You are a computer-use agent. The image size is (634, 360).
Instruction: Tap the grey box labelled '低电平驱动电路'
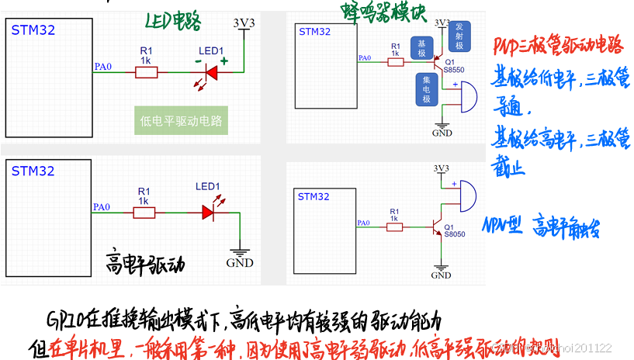click(x=180, y=121)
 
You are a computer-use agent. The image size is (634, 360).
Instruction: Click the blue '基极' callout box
click(x=421, y=48)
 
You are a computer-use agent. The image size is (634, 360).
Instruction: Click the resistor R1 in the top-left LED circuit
click(x=146, y=72)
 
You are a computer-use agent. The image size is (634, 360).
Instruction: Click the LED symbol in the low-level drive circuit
click(x=209, y=72)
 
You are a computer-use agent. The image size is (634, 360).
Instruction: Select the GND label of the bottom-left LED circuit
click(x=239, y=263)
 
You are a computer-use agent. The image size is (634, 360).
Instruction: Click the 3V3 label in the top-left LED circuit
click(x=244, y=23)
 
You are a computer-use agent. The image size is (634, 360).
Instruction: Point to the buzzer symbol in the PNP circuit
click(x=464, y=96)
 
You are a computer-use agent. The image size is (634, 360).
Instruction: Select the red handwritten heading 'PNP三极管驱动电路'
click(x=558, y=47)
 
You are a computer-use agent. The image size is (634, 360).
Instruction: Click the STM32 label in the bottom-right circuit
click(x=314, y=197)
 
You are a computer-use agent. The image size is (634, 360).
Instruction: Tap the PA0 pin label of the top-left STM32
click(x=102, y=67)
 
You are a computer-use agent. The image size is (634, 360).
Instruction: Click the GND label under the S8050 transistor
click(x=441, y=275)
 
